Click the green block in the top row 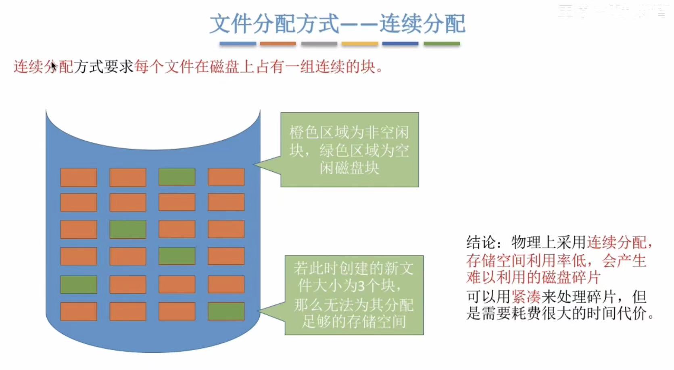coord(177,177)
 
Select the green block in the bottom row coord(226,312)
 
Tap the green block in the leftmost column coord(79,285)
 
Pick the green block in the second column coord(128,229)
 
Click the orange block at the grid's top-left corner coord(79,177)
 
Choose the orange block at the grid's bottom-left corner coord(79,312)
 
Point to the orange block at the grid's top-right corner coord(226,177)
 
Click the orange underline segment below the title coord(278,44)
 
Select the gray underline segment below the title coord(319,44)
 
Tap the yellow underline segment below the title coord(360,44)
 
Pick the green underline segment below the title coord(442,44)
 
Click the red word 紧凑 coord(526,297)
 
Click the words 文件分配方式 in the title coord(274,24)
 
